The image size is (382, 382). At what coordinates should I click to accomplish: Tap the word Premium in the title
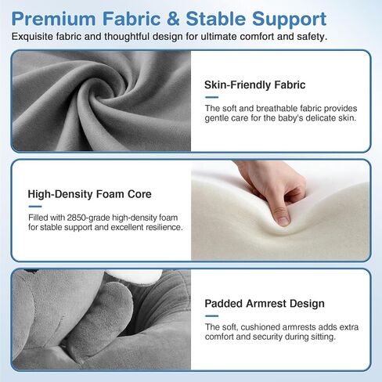53,19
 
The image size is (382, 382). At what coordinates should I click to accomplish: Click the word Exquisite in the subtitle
32,37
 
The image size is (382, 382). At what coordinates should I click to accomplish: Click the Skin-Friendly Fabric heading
254,85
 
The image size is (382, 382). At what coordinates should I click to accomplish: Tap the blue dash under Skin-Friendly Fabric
211,97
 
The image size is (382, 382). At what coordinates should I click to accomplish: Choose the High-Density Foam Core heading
89,194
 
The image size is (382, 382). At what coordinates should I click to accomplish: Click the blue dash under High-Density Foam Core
35,207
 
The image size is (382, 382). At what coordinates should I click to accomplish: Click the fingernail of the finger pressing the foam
283,222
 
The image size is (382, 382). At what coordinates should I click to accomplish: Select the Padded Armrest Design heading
265,304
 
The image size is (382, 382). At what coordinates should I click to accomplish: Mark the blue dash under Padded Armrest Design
211,316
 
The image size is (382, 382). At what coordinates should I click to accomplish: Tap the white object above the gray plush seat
134,276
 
